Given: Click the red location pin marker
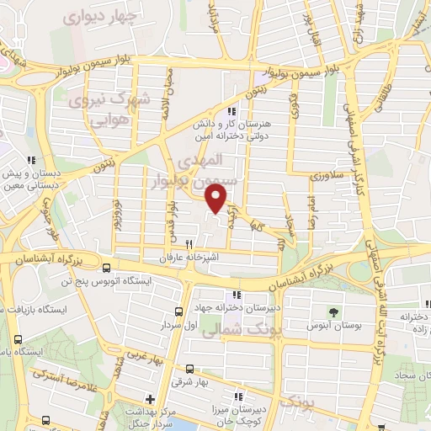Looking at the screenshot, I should (x=216, y=198).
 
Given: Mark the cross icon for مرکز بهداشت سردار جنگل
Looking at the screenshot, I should (x=150, y=400).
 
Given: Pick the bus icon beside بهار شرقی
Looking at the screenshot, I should (x=189, y=369).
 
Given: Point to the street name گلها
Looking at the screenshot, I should (x=257, y=226).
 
